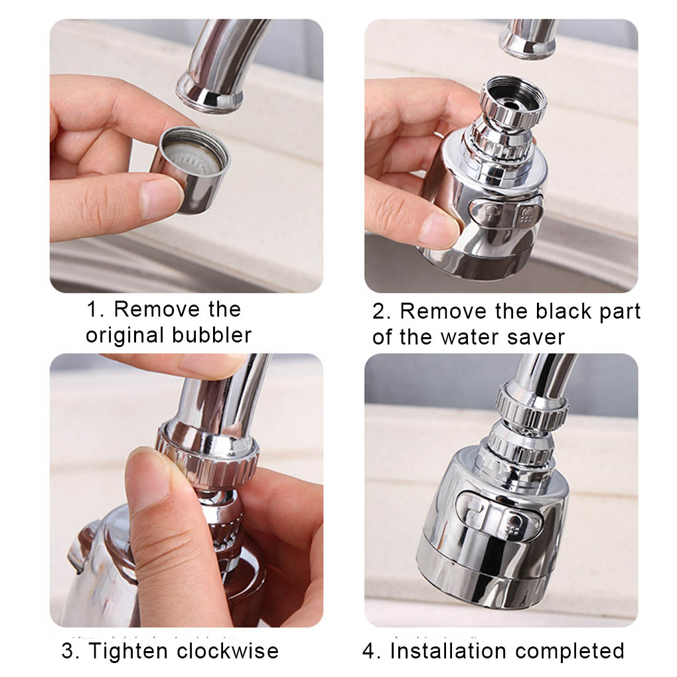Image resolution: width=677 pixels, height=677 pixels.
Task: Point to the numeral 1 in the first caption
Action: click(x=94, y=309)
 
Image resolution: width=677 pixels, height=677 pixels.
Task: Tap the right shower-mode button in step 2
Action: click(x=530, y=212)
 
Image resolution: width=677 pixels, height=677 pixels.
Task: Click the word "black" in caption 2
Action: click(x=564, y=311)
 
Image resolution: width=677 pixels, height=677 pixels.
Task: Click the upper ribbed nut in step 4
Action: click(x=532, y=407)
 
